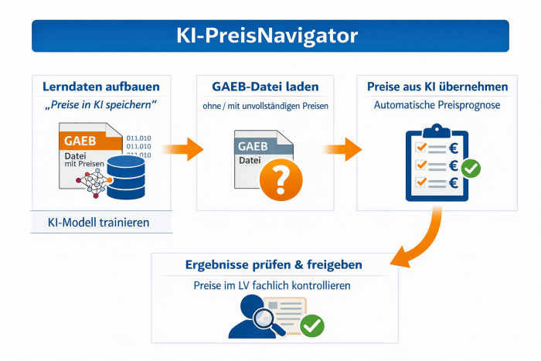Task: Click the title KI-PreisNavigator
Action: pyautogui.click(x=270, y=36)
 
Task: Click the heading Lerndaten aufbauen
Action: pyautogui.click(x=101, y=87)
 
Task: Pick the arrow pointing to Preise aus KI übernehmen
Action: pyautogui.click(x=342, y=147)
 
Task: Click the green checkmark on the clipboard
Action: pyautogui.click(x=470, y=167)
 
